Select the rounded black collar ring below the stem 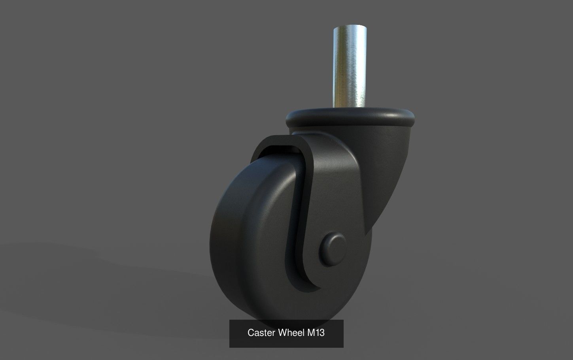(350, 118)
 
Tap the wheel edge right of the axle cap (362, 257)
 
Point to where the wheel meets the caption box (285, 319)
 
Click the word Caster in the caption (262, 333)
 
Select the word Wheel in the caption (292, 333)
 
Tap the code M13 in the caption (316, 333)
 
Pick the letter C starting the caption (250, 333)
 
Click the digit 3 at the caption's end (322, 333)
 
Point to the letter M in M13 (311, 333)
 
